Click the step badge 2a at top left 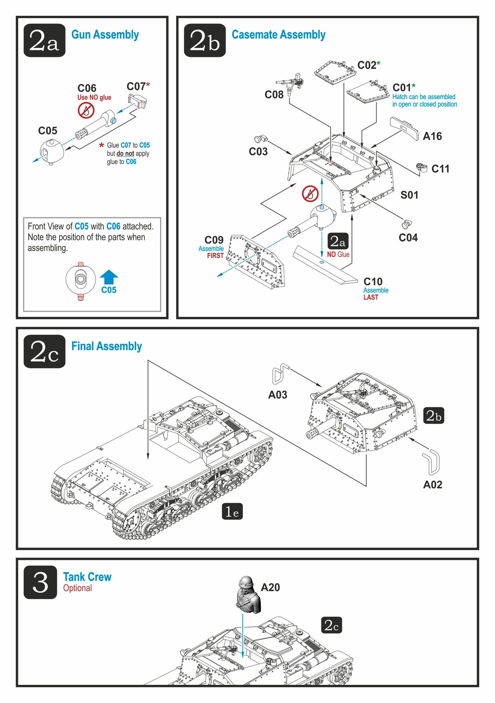pos(44,40)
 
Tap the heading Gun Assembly pos(105,35)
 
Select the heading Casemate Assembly pos(278,35)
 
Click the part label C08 pos(274,95)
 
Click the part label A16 pos(432,136)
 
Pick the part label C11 pos(440,169)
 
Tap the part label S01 pos(409,195)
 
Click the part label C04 pos(408,238)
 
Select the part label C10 pos(373,282)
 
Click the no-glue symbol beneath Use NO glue pos(86,110)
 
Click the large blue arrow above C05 pos(109,277)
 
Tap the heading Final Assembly pos(106,346)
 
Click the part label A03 pos(278,395)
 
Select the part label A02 pos(433,484)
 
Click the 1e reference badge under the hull pos(232,512)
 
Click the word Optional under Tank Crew pos(78,588)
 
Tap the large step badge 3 pos(40,582)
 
